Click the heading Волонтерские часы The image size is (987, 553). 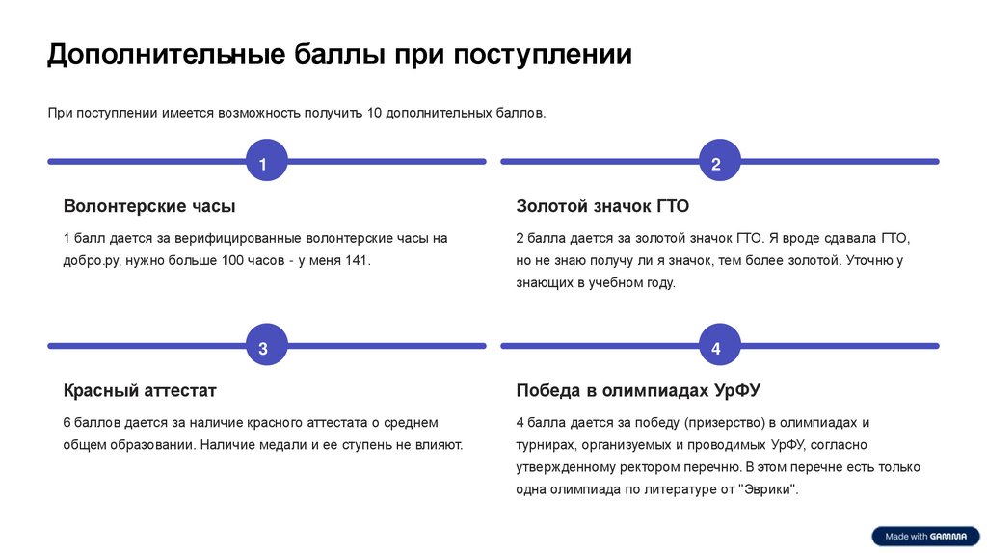click(149, 206)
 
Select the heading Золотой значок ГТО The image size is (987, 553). click(602, 206)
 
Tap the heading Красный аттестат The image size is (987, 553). click(140, 391)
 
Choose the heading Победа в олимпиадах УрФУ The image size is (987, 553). click(638, 391)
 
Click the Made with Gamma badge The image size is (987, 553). click(925, 537)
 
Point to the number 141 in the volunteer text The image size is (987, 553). click(356, 261)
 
